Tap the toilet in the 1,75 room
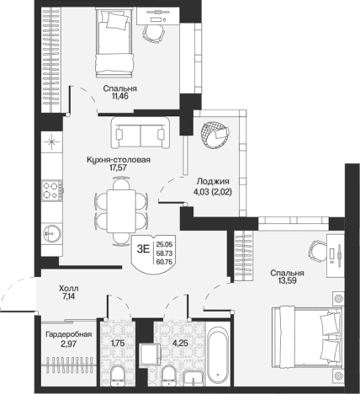coord(118,375)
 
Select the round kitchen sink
coord(52,233)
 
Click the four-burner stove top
coord(52,190)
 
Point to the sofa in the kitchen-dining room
coord(140,133)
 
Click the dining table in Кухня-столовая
coord(121,211)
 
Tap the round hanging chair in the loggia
coord(214,135)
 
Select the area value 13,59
coord(287,280)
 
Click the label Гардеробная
coord(69,334)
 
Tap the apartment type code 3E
coord(143,249)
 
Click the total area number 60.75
coord(165,262)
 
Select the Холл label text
coord(69,289)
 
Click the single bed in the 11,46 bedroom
coord(114,42)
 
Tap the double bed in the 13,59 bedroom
coord(307,337)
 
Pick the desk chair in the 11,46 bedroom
coord(153,33)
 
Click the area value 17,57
coord(119,168)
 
